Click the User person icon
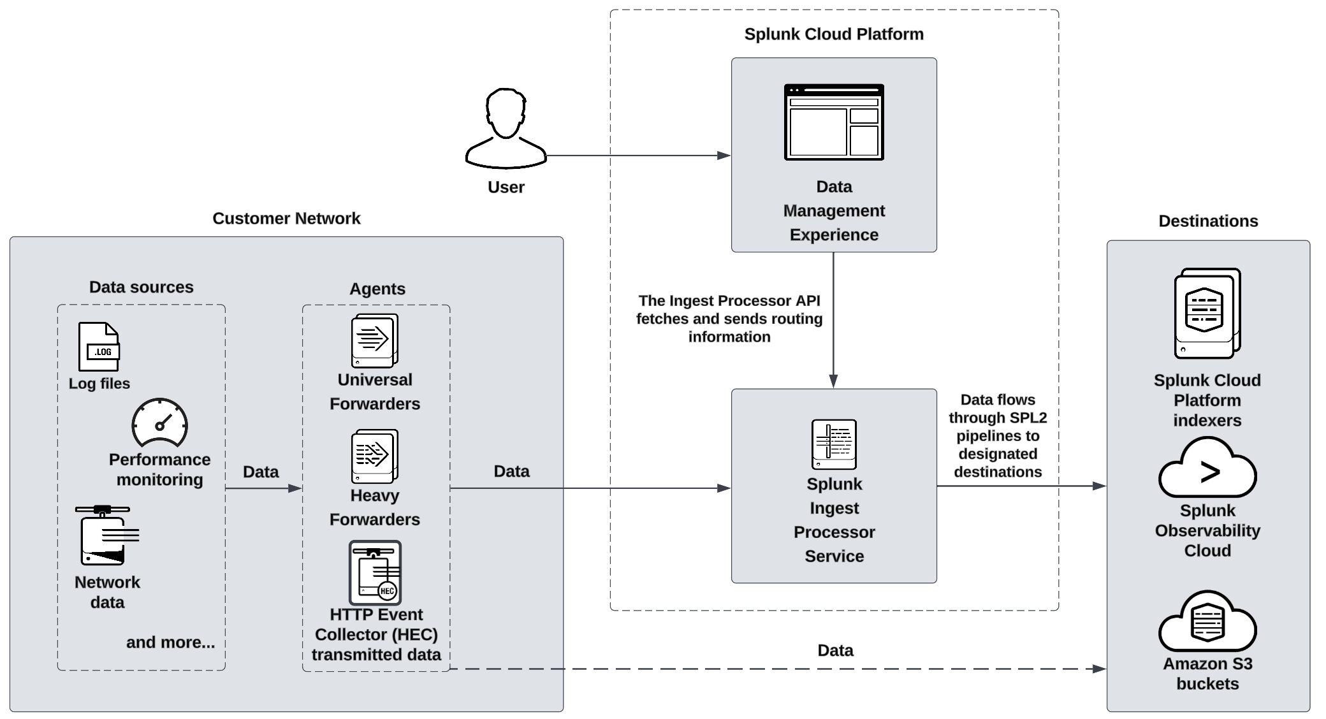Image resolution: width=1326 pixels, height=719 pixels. tap(506, 129)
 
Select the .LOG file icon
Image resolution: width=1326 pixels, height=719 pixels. tap(99, 347)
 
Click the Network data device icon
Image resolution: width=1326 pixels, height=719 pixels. tap(106, 535)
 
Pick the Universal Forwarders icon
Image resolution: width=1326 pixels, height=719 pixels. tap(374, 340)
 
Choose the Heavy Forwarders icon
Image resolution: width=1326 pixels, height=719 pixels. tap(374, 456)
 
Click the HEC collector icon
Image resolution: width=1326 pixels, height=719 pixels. tap(375, 572)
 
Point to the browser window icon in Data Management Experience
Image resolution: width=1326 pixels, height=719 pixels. tap(833, 122)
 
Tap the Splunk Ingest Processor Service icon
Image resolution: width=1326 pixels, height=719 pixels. tap(833, 444)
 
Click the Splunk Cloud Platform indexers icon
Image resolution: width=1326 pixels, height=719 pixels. tap(1207, 314)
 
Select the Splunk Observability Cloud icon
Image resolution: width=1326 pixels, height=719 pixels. tap(1207, 469)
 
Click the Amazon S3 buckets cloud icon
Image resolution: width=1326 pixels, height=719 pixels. tap(1207, 621)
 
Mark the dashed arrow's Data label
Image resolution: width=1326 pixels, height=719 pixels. tap(835, 650)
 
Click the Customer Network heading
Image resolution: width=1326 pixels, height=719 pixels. tap(286, 219)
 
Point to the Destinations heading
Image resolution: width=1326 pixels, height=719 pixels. tap(1207, 221)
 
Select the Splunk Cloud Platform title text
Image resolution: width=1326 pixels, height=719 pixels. tap(833, 34)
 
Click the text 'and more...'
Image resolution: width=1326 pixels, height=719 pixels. tap(170, 642)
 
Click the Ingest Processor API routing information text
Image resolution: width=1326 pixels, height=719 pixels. tap(729, 319)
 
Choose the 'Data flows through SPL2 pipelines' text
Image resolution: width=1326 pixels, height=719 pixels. tap(997, 436)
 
